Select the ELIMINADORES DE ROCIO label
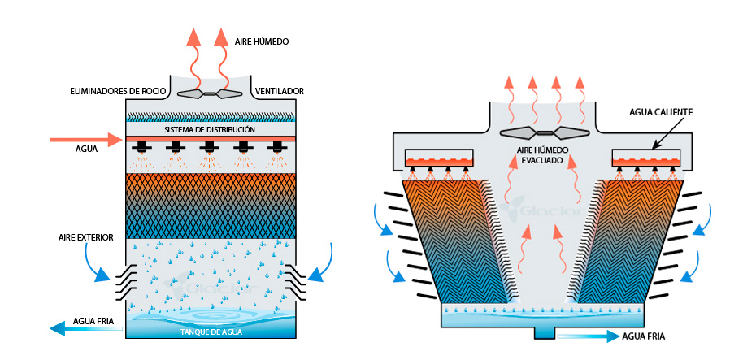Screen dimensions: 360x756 point(119,90)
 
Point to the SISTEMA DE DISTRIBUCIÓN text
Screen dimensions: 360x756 point(210,130)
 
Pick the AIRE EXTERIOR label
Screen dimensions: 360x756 point(85,237)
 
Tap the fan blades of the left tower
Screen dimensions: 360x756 point(210,93)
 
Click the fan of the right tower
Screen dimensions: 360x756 point(544,132)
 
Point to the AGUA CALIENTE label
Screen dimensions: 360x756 point(666,111)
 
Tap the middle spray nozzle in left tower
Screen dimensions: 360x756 point(210,148)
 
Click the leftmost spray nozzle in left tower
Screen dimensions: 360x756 point(141,148)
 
